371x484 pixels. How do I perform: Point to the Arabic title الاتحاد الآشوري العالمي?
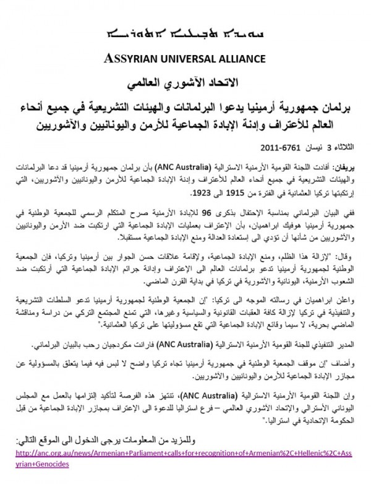tap(185, 82)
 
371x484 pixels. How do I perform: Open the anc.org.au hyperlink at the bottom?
tap(185, 461)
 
